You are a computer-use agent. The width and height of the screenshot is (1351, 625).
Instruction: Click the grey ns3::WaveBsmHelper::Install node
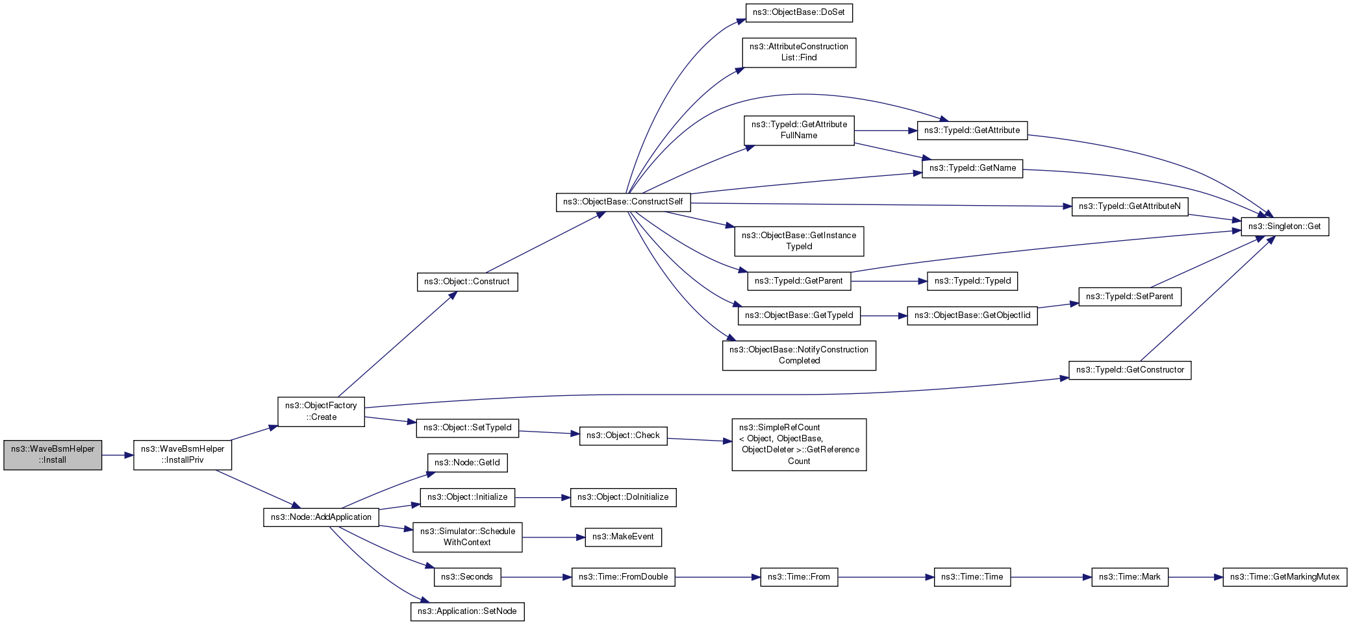53,454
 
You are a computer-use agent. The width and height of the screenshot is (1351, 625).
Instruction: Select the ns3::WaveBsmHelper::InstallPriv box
183,454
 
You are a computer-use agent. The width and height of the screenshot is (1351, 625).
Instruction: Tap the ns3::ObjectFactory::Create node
321,411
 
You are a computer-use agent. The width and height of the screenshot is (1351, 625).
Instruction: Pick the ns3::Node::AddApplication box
321,517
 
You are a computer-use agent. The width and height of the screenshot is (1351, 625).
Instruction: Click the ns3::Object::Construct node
467,282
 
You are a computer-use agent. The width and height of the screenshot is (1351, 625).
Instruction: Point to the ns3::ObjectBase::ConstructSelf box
623,202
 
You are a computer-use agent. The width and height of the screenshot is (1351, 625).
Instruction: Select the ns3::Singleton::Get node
1285,227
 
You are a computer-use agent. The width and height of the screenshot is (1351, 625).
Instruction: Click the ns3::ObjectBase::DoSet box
799,12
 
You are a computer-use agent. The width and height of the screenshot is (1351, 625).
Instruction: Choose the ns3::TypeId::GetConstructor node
1130,370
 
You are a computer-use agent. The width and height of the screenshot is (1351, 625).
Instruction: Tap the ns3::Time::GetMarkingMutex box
1285,577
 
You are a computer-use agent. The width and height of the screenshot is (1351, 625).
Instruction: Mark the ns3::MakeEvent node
623,537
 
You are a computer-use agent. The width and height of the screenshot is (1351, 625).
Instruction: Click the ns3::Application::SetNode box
467,611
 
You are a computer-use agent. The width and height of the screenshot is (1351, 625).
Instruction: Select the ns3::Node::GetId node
467,463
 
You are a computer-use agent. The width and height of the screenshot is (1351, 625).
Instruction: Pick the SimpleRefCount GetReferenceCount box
799,445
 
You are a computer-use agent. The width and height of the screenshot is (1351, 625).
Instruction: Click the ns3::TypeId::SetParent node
1130,297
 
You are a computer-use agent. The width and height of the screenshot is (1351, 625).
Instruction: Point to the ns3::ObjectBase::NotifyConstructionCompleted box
799,355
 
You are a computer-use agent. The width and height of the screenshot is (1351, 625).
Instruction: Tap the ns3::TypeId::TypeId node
972,281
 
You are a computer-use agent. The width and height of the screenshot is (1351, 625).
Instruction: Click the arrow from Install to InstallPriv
118,455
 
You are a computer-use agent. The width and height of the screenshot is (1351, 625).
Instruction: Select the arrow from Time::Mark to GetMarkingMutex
1196,577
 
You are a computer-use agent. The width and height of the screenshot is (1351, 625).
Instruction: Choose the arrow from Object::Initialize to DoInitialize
542,498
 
